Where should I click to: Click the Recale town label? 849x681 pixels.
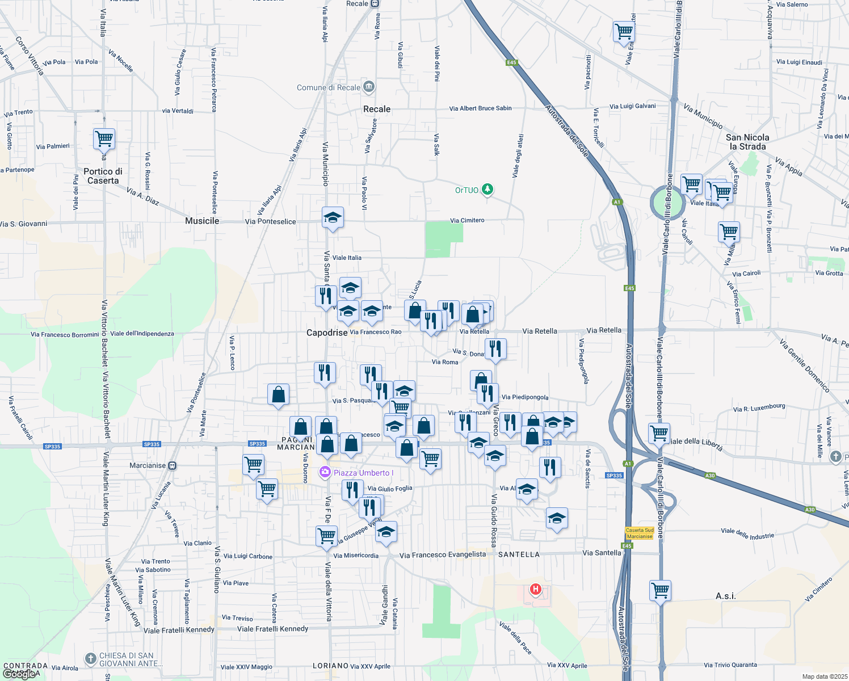coord(377,109)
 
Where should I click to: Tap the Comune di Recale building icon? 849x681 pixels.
coord(369,87)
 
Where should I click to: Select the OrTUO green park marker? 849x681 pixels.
coord(487,189)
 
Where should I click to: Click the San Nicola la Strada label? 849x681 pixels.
coord(747,142)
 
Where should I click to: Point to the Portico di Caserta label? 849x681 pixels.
coord(103,176)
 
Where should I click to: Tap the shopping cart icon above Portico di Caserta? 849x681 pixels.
coord(104,138)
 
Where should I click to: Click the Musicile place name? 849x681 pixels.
coord(202,221)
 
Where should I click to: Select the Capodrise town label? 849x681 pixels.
coord(327,333)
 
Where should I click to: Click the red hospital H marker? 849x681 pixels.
coord(535,590)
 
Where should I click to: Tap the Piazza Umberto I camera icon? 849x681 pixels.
coord(325,472)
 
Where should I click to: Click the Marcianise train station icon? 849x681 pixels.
coord(172,465)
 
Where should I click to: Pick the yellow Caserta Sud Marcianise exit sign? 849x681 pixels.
coord(640,533)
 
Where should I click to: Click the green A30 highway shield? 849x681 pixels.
coord(709,476)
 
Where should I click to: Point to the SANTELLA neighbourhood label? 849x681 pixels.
coord(519,554)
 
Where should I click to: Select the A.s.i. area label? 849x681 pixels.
coord(725,596)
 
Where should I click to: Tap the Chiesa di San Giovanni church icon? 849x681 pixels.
coord(91,658)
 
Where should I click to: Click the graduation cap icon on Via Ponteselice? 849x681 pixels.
coord(333,217)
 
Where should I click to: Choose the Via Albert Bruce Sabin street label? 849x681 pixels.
coord(480,108)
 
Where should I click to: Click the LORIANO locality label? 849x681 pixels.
coord(330,666)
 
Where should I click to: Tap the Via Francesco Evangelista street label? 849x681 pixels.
coord(443,555)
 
